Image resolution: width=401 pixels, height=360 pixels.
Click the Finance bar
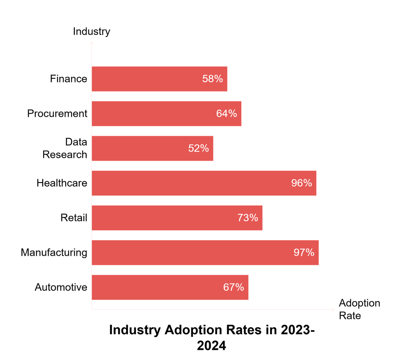159,79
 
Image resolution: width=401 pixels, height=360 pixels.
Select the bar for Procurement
166,114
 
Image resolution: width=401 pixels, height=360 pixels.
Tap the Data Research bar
152,148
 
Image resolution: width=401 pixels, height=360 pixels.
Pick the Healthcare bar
204,183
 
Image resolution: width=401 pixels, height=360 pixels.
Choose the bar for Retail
177,218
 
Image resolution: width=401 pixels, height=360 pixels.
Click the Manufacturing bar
205,253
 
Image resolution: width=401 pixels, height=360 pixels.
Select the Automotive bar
170,287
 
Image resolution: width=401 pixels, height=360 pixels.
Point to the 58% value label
213,79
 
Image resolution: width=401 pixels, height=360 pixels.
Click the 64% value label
227,114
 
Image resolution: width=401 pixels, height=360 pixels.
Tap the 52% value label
199,148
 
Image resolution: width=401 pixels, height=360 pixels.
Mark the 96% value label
302,183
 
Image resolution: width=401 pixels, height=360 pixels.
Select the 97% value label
304,253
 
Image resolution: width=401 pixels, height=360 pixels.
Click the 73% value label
247,218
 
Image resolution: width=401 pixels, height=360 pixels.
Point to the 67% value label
234,287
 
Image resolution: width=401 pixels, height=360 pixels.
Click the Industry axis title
92,31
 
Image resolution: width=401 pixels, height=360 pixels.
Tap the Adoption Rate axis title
359,309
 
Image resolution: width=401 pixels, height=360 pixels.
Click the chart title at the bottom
211,338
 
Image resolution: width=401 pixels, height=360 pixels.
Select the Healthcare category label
62,183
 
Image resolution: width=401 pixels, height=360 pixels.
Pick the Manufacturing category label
54,253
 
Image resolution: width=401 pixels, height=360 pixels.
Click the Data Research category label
65,148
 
